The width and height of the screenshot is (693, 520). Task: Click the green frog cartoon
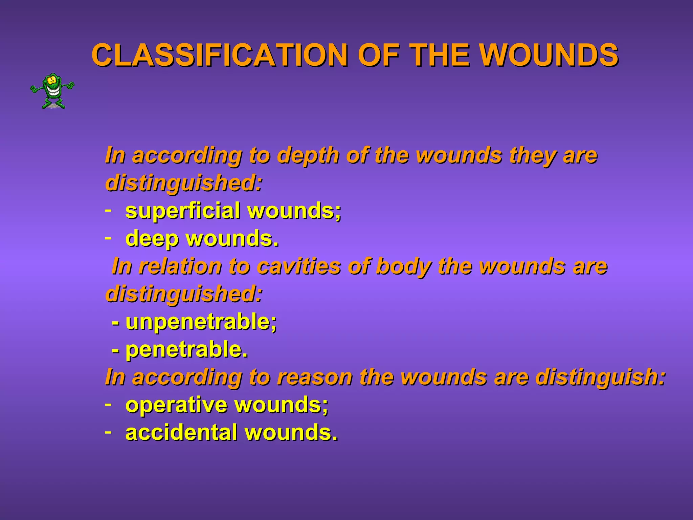click(x=52, y=91)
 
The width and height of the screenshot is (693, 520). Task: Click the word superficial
click(x=183, y=211)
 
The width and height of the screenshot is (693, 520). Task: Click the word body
click(x=403, y=266)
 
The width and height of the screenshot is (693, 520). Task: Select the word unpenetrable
click(x=201, y=322)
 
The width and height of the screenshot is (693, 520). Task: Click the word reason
click(x=314, y=377)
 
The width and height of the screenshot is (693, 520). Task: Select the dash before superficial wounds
click(x=108, y=211)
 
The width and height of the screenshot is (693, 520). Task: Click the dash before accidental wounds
click(x=108, y=432)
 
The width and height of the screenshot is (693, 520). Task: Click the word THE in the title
click(x=441, y=55)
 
